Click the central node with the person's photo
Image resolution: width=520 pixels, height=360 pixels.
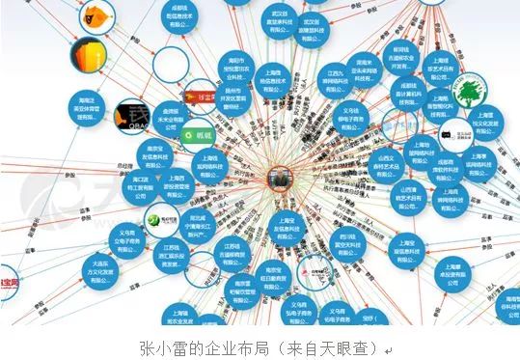click(280, 178)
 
